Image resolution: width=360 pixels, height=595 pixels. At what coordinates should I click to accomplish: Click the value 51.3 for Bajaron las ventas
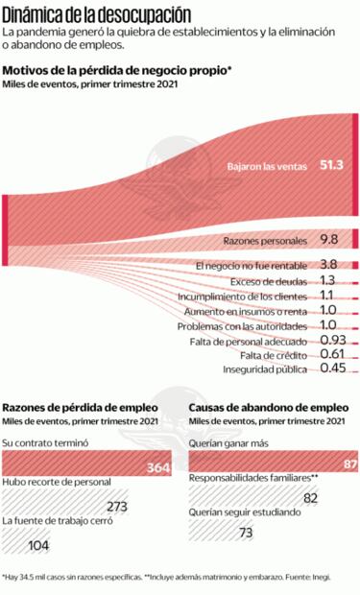331,165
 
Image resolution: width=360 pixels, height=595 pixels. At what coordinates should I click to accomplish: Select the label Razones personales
264,239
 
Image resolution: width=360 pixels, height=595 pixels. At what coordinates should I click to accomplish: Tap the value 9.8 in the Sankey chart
330,239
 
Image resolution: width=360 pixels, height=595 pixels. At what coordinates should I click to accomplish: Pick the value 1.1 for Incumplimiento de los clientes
326,297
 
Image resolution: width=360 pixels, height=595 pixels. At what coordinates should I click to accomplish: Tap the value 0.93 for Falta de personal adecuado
333,341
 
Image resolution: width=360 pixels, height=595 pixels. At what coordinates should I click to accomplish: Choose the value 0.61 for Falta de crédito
333,355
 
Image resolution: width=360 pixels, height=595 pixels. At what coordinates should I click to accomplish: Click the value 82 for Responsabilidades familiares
310,497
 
